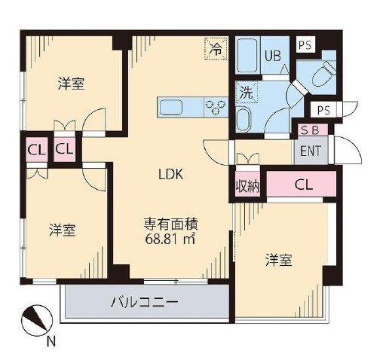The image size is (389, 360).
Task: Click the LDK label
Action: (x=171, y=174)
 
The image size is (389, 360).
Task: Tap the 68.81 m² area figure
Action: (x=170, y=239)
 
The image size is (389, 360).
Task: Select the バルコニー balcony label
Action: (x=144, y=302)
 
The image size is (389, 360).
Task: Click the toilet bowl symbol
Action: (x=324, y=73)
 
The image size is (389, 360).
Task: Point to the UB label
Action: (x=273, y=56)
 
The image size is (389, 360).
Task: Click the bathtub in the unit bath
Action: (x=247, y=56)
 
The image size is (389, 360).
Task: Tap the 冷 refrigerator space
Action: (x=216, y=49)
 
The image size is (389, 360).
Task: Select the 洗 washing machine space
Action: (x=247, y=93)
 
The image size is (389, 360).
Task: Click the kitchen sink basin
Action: (x=170, y=108)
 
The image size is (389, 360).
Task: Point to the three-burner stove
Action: (x=215, y=107)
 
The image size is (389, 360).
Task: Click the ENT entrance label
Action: (x=311, y=151)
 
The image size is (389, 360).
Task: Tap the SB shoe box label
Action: (x=311, y=130)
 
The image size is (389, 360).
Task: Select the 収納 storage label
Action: (x=247, y=186)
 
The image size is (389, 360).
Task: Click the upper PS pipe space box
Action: (x=305, y=45)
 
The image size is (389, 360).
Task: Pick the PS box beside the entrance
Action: (x=323, y=109)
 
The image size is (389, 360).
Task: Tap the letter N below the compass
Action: (x=51, y=342)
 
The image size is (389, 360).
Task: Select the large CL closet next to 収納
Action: (x=302, y=185)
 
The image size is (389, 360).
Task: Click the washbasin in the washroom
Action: (x=244, y=119)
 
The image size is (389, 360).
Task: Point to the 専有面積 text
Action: (x=171, y=224)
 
